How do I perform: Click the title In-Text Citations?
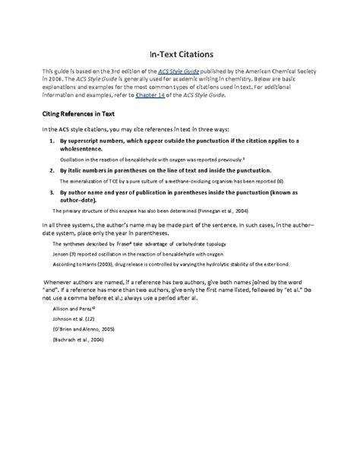click(x=180, y=55)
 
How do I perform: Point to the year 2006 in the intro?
click(x=57, y=79)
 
